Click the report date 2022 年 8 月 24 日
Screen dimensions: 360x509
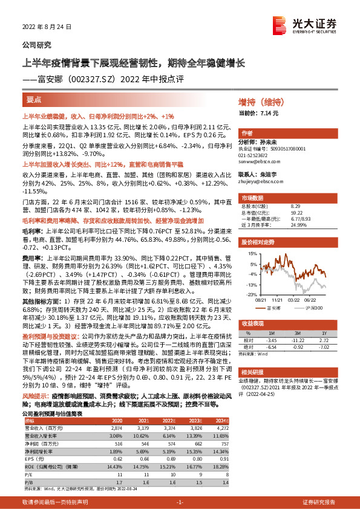pyautogui.click(x=47, y=27)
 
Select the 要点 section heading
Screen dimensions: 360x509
pyautogui.click(x=34, y=100)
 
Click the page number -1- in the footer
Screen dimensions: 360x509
pyautogui.click(x=180, y=502)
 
